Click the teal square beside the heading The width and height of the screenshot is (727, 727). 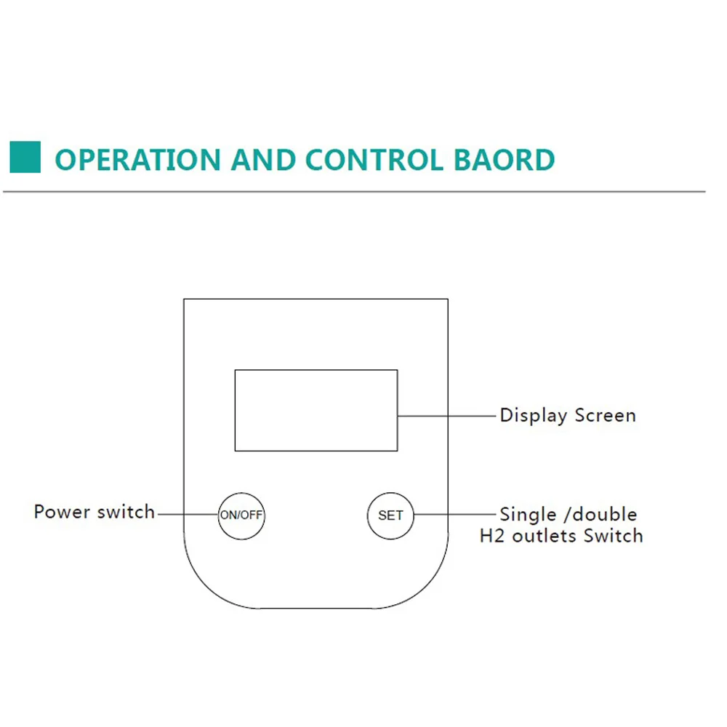(25, 157)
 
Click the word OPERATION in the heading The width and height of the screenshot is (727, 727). (137, 159)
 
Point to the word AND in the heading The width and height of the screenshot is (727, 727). (264, 159)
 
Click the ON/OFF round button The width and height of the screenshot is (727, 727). (241, 515)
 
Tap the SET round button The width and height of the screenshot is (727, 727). (390, 515)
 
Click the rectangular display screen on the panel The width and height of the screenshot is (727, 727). (316, 410)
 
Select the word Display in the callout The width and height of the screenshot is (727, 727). (533, 416)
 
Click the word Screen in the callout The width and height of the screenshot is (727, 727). (605, 416)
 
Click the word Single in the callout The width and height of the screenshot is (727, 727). (527, 515)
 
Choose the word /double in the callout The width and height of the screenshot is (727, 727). (601, 515)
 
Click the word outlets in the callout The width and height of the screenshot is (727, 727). (544, 537)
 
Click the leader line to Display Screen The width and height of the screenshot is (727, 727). (446, 416)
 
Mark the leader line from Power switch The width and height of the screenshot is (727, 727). (188, 515)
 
